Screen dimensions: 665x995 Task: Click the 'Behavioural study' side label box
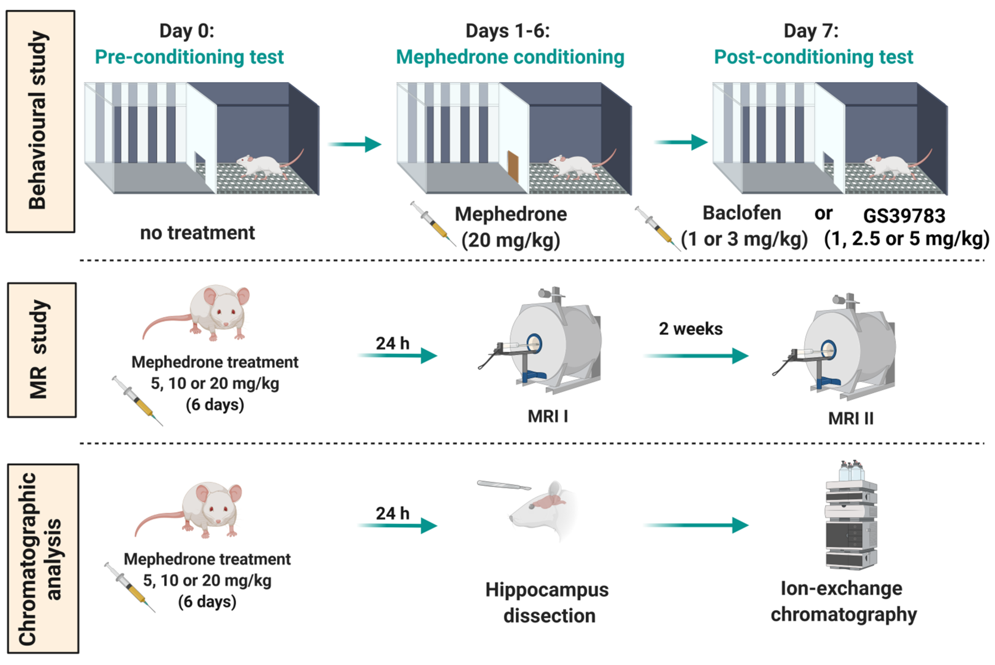[x=40, y=121]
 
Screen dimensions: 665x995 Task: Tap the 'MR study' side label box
[x=42, y=350]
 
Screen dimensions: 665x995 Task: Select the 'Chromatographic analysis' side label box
[x=43, y=558]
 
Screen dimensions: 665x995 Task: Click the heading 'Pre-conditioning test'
[x=189, y=57]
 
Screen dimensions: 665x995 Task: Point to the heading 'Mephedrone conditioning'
[x=510, y=57]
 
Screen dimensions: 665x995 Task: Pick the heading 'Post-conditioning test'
[x=813, y=57]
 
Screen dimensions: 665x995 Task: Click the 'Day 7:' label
[x=811, y=31]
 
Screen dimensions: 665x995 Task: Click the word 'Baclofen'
[x=742, y=213]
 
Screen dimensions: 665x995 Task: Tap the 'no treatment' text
[x=197, y=233]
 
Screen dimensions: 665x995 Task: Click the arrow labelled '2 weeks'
[x=696, y=355]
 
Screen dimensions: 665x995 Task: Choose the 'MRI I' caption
[x=547, y=416]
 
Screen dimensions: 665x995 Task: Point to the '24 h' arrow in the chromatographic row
[x=397, y=525]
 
